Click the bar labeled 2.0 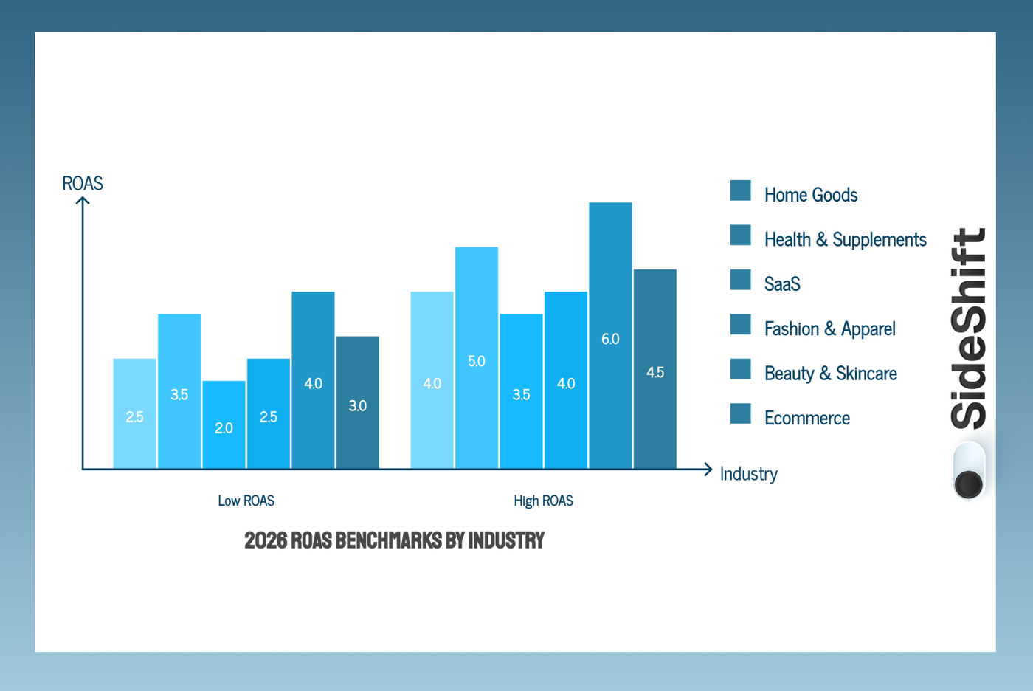pos(224,424)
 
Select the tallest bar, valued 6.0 pos(610,336)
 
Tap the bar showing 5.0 pos(477,358)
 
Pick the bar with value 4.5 pos(654,369)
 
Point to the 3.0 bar pos(358,402)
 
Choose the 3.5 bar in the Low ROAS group pos(179,391)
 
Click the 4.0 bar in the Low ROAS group pos(313,380)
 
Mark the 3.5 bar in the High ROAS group pos(521,391)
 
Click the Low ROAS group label pos(246,501)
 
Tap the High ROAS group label pos(543,501)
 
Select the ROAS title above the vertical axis pos(83,183)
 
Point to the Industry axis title pos(748,474)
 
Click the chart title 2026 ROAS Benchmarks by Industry pos(394,540)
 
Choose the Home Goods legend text pos(811,195)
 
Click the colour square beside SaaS pos(740,280)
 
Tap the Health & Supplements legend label pos(845,240)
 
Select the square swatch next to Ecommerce pos(740,413)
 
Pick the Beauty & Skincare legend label pos(830,374)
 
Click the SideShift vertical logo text pos(968,329)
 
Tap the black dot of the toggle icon pos(968,484)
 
